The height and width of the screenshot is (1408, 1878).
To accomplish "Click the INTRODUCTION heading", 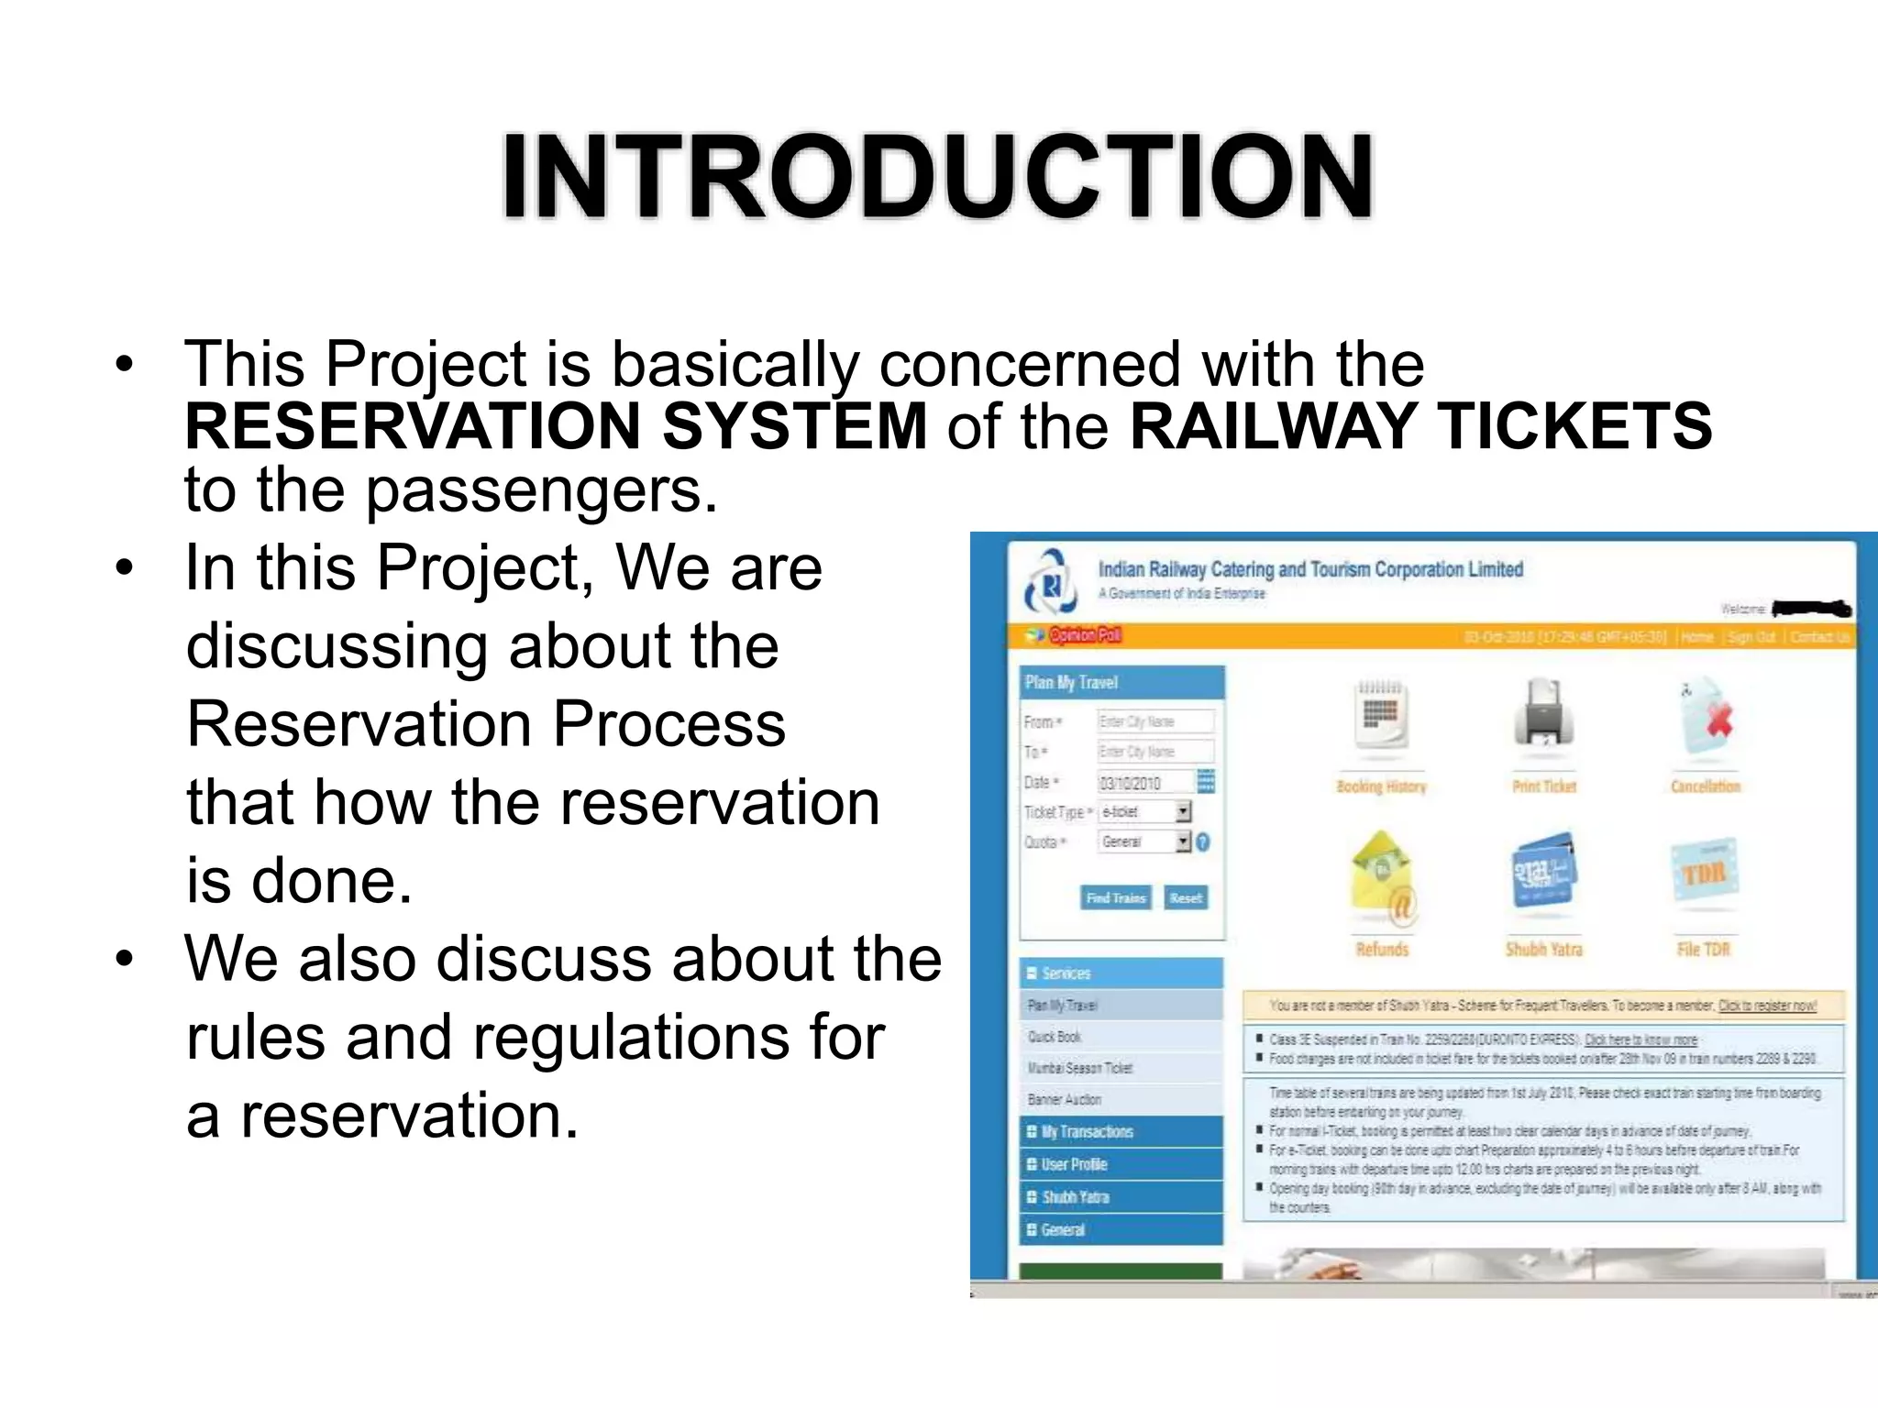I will click(936, 176).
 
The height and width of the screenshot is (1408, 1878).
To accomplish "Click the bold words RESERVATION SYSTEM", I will click(556, 427).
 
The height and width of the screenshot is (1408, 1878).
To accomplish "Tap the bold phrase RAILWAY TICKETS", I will click(1420, 427).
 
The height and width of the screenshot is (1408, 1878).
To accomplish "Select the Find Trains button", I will click(1115, 898).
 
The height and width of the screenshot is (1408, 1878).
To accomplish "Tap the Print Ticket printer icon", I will click(1544, 715).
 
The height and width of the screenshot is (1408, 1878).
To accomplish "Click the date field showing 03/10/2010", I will click(1144, 783).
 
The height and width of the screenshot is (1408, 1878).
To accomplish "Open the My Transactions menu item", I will click(1088, 1132).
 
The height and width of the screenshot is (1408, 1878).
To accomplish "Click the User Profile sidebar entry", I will click(1075, 1164).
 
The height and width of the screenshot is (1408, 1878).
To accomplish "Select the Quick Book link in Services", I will click(1055, 1037).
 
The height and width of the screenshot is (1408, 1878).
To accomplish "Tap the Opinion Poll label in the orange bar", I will click(1084, 635).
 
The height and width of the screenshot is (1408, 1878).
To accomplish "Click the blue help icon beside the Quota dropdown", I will click(1203, 841).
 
